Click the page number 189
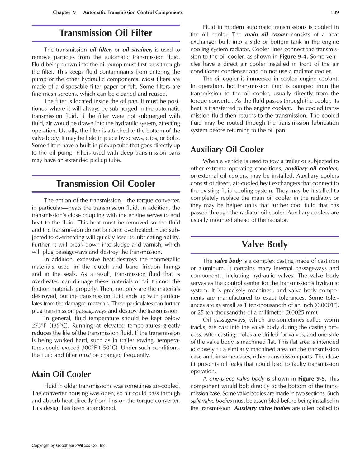point(334,12)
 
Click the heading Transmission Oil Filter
point(106,33)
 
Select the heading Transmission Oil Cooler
point(106,184)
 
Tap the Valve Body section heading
point(264,244)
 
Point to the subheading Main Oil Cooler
point(61,374)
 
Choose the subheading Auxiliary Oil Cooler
point(227,150)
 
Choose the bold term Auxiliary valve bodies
point(262,408)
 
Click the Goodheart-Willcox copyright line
point(69,446)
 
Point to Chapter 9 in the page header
point(64,12)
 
